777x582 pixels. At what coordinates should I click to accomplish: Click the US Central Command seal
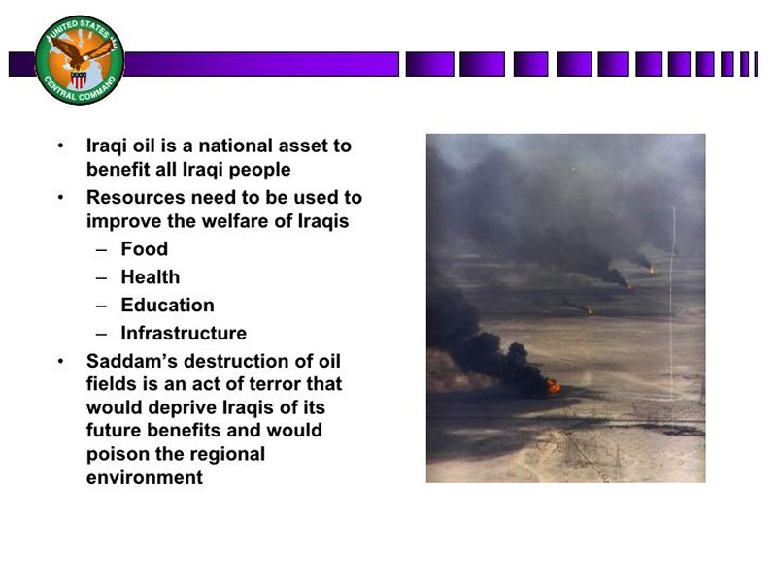click(x=80, y=60)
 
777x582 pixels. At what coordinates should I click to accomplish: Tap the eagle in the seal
click(x=83, y=52)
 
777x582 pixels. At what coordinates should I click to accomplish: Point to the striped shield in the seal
click(x=79, y=80)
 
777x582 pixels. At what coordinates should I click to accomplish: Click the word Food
click(x=144, y=248)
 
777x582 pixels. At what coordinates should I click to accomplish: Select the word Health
click(x=151, y=276)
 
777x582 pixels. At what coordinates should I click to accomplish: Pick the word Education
click(x=167, y=305)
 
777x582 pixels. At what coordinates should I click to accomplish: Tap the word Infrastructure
click(x=184, y=333)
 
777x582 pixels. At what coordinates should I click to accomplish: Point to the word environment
click(x=145, y=477)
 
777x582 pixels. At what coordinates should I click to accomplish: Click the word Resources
click(x=136, y=197)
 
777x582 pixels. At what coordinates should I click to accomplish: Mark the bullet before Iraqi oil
click(x=60, y=146)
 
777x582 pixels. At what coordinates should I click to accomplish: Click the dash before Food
click(x=102, y=250)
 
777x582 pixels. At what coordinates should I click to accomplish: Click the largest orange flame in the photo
click(x=553, y=386)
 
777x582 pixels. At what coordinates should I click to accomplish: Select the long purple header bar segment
click(x=261, y=64)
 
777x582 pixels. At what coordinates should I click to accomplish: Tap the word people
click(x=259, y=170)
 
